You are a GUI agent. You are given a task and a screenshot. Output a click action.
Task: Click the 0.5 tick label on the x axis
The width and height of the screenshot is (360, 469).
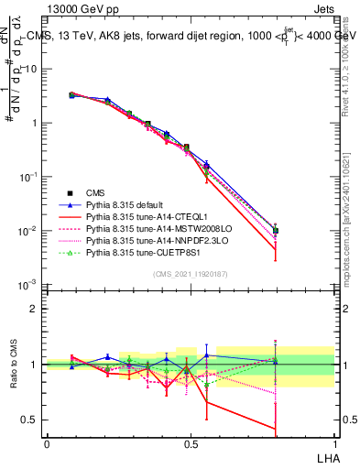pyautogui.click(x=191, y=442)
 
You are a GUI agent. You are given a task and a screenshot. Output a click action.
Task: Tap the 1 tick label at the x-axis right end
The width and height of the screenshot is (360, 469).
pyautogui.click(x=334, y=442)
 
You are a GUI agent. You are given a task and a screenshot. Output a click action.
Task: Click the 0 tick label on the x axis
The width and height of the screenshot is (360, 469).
pyautogui.click(x=47, y=442)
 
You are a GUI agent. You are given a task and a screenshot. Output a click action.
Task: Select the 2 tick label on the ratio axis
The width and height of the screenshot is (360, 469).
pyautogui.click(x=36, y=309)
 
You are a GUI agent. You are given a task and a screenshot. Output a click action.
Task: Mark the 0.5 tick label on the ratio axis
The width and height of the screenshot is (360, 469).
pyautogui.click(x=31, y=421)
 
